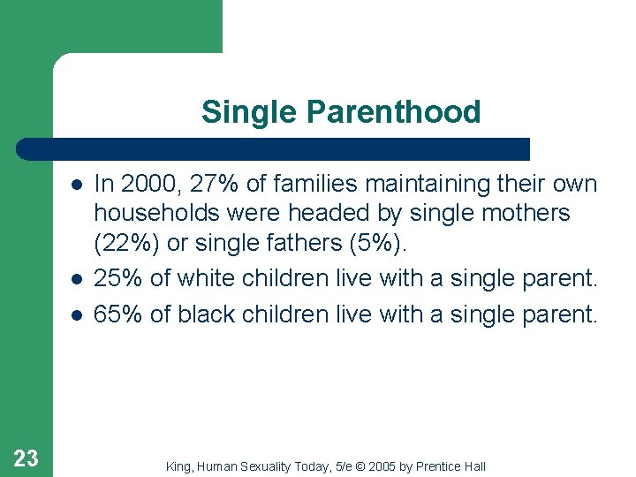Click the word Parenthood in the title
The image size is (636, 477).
coord(394,113)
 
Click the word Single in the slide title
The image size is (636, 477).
coord(251,113)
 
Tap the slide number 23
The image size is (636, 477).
coord(26,458)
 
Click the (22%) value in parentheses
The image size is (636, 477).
coord(125,242)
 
